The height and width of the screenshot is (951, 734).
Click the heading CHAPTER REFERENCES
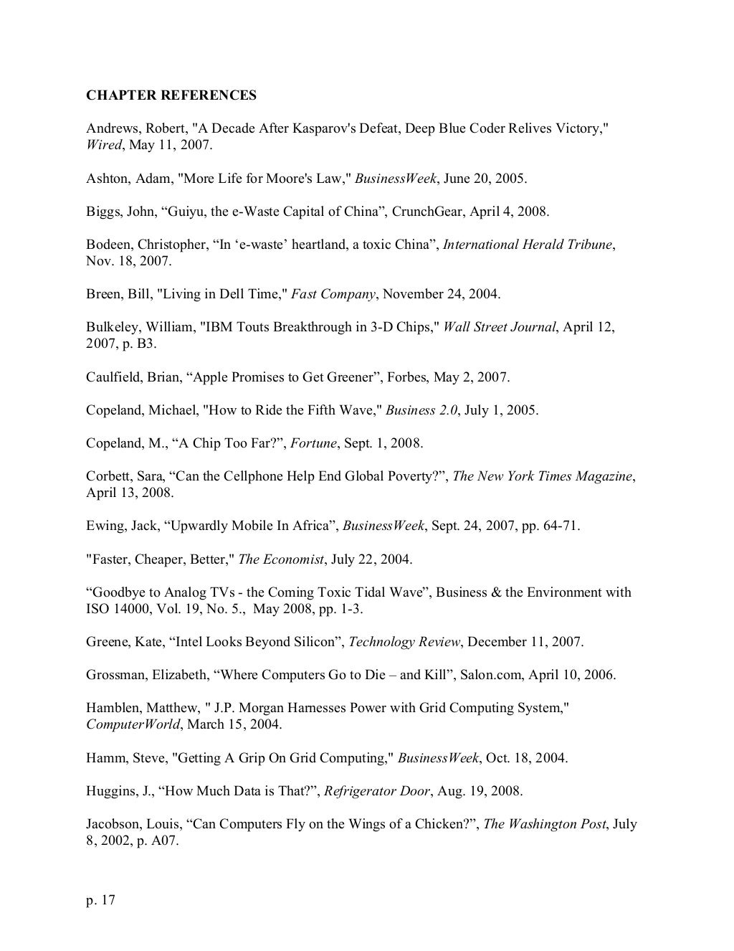coord(171,95)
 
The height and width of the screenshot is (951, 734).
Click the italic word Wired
coord(103,145)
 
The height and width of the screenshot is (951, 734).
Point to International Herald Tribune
coord(528,245)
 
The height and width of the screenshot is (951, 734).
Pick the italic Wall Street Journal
coord(500,327)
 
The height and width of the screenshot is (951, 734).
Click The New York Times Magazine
coord(543,476)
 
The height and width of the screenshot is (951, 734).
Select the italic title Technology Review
coord(404,642)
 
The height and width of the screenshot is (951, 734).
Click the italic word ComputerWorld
coord(133,724)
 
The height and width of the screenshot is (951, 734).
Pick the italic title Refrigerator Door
coord(377,792)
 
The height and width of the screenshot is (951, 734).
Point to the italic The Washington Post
coord(545,824)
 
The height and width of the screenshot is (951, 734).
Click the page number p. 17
coord(100,900)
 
